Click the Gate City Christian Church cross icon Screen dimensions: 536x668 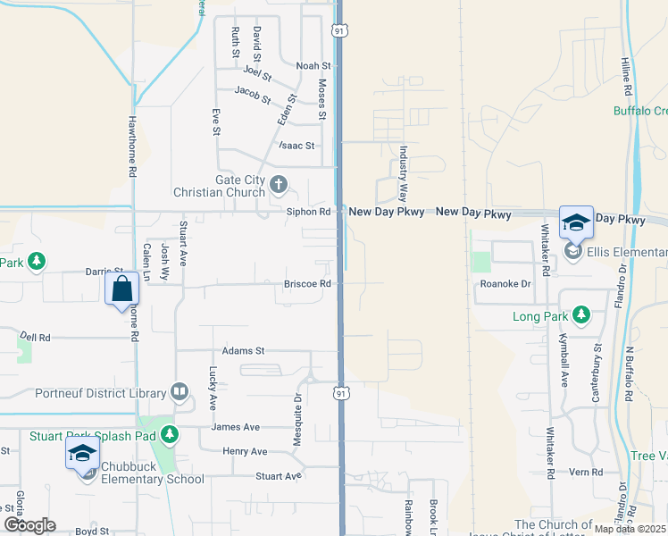279,186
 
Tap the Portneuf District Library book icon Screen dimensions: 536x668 180,393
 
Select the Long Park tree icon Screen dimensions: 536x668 580,315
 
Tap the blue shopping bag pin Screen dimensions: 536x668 121,289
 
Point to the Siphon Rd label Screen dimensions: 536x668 309,213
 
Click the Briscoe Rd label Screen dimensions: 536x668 308,284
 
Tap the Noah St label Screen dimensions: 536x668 313,66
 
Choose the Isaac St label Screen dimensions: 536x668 297,146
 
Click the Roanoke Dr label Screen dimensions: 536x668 505,284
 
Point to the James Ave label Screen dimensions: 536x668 235,427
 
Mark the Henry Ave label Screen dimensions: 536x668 245,452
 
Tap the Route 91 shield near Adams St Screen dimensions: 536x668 341,392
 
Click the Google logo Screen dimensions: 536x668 29,524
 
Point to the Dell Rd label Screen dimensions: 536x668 36,338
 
